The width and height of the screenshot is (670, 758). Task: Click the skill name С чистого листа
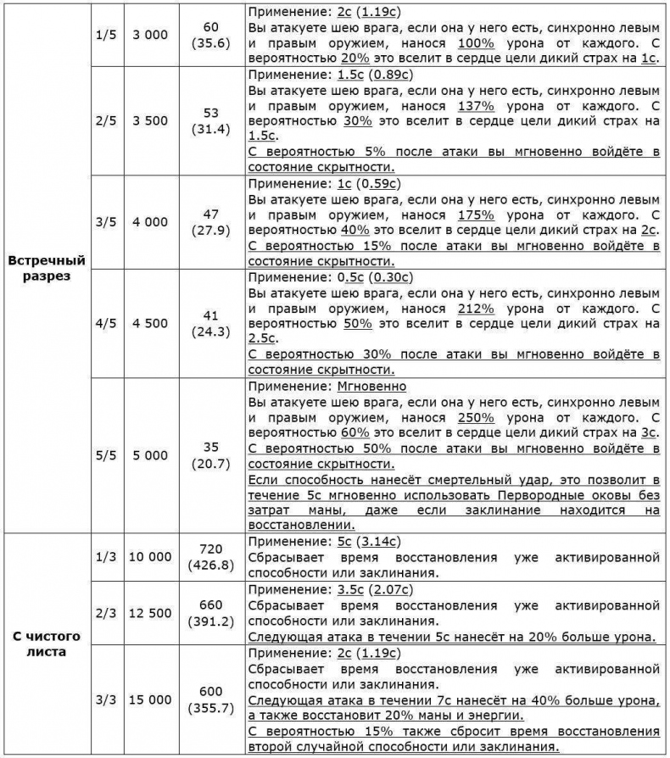coord(46,644)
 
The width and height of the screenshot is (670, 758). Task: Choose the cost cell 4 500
coord(150,323)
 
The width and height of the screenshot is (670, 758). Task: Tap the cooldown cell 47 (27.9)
coord(212,222)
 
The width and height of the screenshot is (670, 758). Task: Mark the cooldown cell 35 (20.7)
coord(212,455)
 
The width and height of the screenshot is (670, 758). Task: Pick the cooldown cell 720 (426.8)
coord(212,557)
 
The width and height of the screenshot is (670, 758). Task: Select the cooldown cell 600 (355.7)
coord(212,699)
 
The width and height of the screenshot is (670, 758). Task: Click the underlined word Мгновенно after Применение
coord(369,386)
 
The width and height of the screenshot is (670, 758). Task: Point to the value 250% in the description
coord(476,417)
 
